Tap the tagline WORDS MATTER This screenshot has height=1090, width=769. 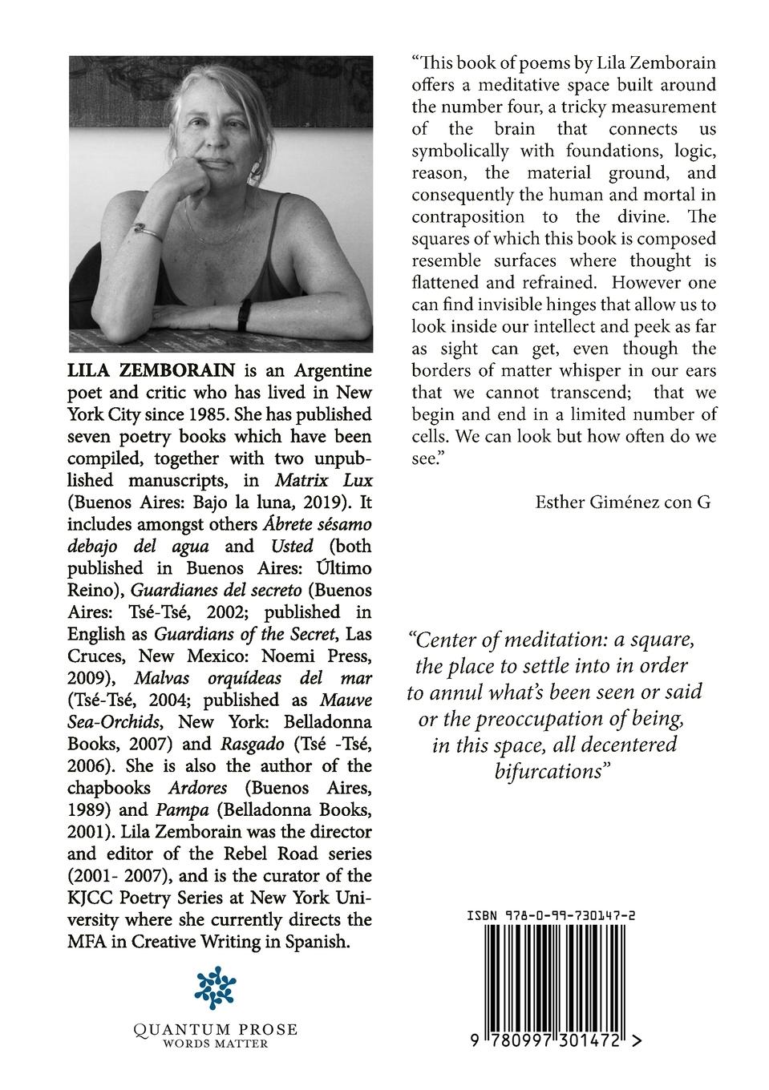pos(215,1044)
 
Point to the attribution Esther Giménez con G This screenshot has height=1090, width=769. pos(622,503)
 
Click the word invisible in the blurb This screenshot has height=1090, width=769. pos(519,305)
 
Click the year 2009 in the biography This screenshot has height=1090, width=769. pos(90,678)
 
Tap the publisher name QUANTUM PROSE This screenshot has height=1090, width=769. pos(215,1029)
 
